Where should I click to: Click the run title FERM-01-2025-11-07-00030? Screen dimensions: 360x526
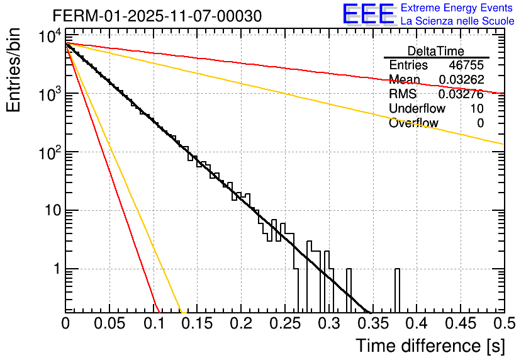point(157,15)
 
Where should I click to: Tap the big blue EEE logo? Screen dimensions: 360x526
point(368,14)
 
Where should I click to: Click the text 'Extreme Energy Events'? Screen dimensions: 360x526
point(457,8)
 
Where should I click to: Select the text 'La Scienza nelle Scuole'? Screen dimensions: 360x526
point(457,21)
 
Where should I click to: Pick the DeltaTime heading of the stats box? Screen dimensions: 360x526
point(436,51)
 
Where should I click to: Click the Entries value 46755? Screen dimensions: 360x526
point(466,65)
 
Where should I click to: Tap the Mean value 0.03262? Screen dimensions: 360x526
point(461,80)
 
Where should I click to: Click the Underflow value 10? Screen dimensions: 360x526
point(476,109)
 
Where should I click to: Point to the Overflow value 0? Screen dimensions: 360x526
point(480,123)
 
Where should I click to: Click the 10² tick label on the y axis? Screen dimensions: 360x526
point(48,152)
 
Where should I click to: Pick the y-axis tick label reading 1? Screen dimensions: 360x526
point(55,269)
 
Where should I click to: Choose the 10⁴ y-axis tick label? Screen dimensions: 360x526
point(48,37)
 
